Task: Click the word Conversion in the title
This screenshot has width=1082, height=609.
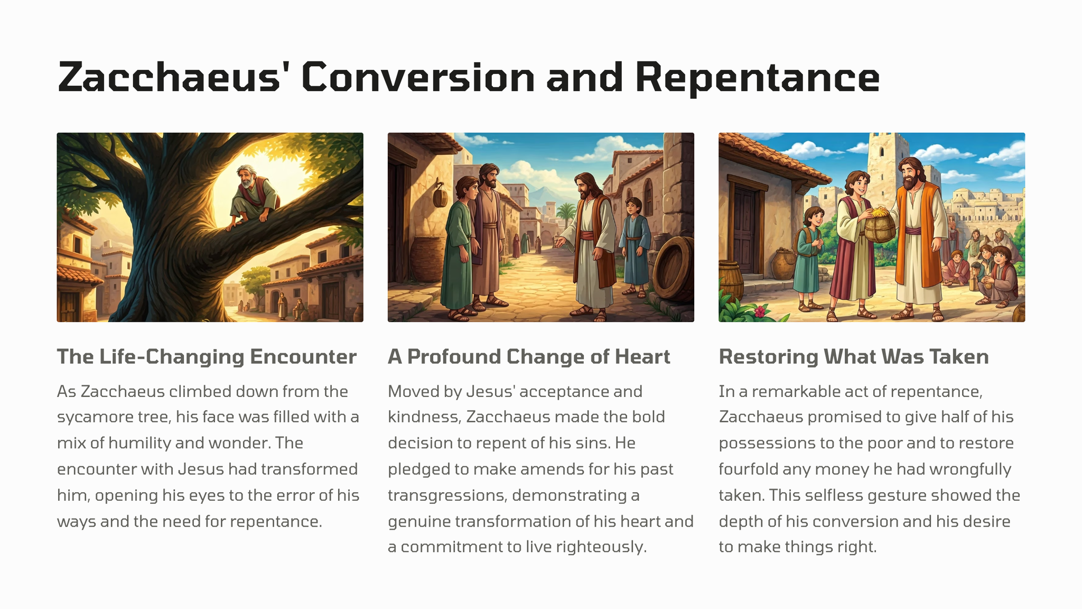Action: pos(418,77)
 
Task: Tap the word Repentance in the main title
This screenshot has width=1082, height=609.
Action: pos(761,77)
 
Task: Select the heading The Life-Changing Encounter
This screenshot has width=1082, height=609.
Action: pos(207,357)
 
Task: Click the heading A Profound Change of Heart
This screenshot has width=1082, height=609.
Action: pos(529,357)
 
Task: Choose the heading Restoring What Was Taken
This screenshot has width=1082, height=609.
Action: pos(854,357)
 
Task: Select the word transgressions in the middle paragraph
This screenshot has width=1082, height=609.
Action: pos(446,496)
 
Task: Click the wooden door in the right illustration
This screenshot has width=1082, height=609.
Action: pos(745,230)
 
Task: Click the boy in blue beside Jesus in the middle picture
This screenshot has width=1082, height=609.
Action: pos(633,246)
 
